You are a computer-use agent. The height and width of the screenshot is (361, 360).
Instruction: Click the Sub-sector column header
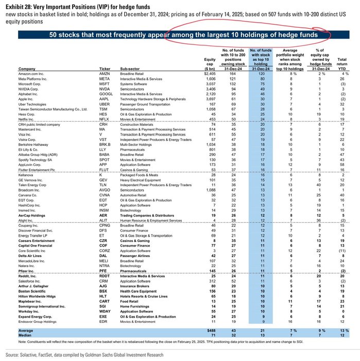pyautogui.click(x=131, y=83)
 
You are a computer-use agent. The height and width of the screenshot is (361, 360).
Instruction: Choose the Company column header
pyautogui.click(x=30, y=83)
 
